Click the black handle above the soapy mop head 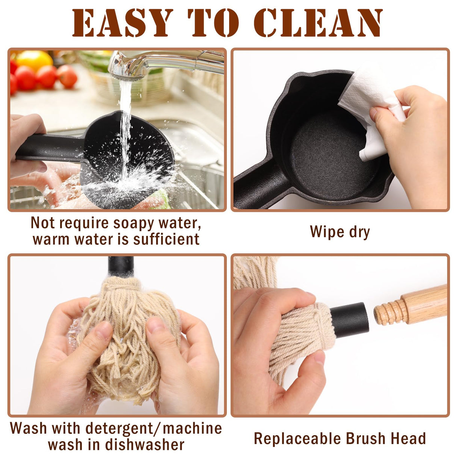121,266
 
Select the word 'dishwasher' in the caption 144,445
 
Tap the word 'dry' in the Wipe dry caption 359,232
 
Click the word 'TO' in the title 213,23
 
